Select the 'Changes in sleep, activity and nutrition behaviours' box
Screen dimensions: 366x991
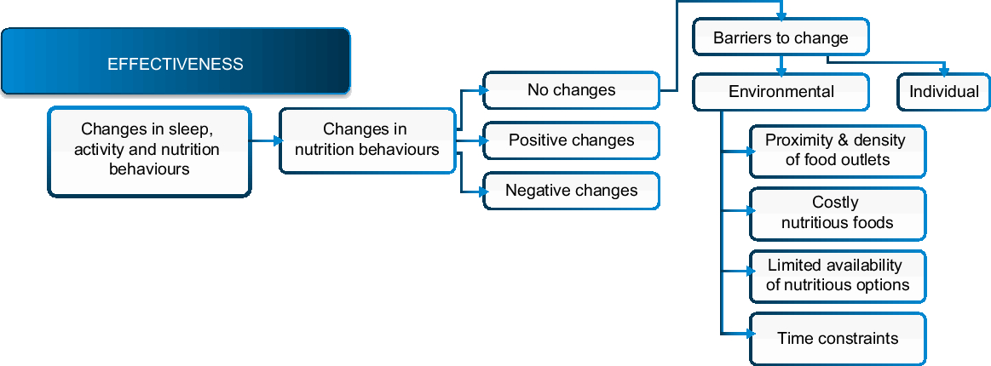click(x=149, y=151)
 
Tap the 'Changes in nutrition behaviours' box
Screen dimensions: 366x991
click(x=366, y=140)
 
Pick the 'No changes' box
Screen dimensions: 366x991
click(x=571, y=90)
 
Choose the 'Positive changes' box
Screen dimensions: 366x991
click(x=571, y=140)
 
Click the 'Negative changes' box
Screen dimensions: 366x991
click(x=571, y=191)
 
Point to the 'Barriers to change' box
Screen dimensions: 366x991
click(x=781, y=38)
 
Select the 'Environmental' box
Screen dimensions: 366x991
click(x=781, y=92)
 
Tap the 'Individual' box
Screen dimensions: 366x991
click(x=943, y=92)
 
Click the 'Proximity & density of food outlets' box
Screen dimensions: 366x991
click(x=838, y=151)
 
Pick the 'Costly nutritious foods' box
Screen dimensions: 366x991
click(x=838, y=213)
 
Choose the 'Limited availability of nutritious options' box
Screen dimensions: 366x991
click(x=838, y=276)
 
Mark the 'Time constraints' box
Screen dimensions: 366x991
click(x=838, y=339)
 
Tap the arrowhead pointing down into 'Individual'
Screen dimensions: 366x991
click(x=943, y=71)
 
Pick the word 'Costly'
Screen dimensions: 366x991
click(x=835, y=203)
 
